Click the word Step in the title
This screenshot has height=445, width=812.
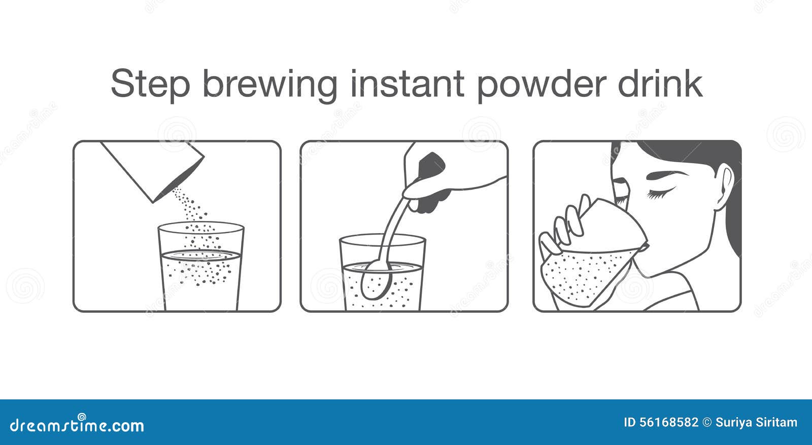tap(150, 84)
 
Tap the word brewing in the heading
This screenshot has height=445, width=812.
tap(269, 84)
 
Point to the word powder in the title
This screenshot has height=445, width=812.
tap(541, 84)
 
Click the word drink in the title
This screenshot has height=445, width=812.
tap(660, 84)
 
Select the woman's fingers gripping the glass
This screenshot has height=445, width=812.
tap(566, 223)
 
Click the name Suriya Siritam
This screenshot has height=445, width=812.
tap(756, 422)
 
